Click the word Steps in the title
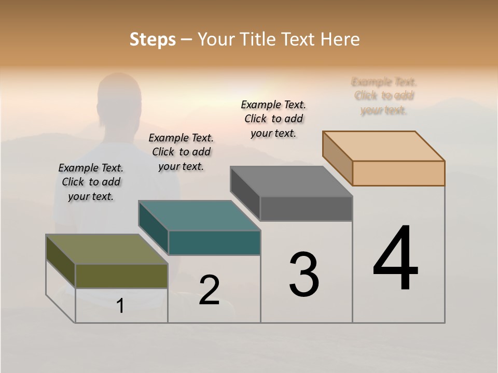click(x=153, y=39)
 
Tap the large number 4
click(x=395, y=259)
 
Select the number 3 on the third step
click(x=304, y=275)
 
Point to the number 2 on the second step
click(x=210, y=290)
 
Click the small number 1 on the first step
click(x=120, y=306)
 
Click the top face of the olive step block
click(x=106, y=249)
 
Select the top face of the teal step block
click(x=199, y=216)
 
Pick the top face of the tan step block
click(x=383, y=146)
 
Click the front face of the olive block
click(x=121, y=276)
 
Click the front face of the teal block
click(x=214, y=243)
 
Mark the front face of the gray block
click(x=306, y=209)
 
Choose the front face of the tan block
click(x=398, y=173)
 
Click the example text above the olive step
click(x=91, y=182)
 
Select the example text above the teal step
click(x=181, y=152)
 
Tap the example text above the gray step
click(x=273, y=119)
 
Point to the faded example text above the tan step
click(x=384, y=96)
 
